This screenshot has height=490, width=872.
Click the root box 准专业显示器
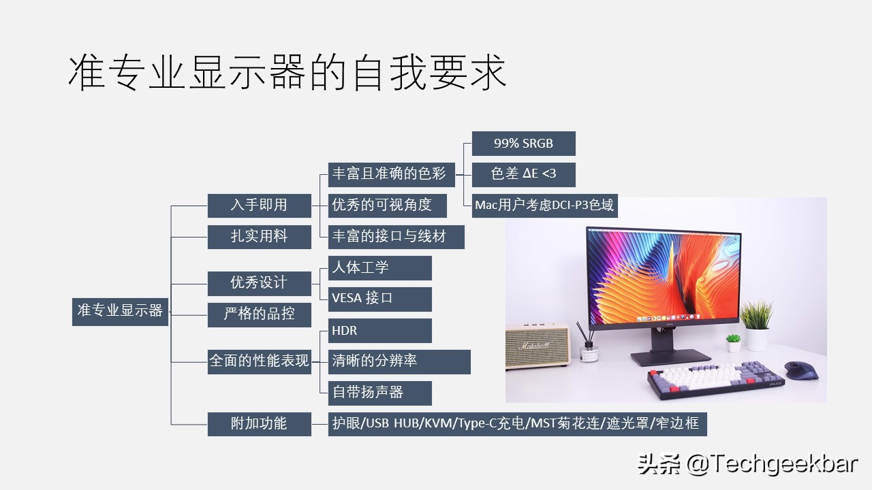tap(120, 311)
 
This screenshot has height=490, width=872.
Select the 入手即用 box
tap(259, 205)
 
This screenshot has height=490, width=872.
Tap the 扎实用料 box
tap(259, 236)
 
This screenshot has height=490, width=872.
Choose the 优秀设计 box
tap(259, 282)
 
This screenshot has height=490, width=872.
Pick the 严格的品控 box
tap(259, 314)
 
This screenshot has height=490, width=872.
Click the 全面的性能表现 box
tap(259, 361)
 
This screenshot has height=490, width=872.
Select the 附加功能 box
tap(259, 423)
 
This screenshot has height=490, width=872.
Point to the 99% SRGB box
tap(523, 144)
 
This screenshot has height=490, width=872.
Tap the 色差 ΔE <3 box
tap(523, 174)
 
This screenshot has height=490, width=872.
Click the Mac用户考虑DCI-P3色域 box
tap(544, 205)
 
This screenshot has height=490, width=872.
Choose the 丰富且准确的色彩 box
tap(389, 174)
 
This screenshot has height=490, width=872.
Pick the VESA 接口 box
tap(379, 299)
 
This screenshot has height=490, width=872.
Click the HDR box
tap(379, 331)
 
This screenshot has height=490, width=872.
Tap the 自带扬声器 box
tap(379, 393)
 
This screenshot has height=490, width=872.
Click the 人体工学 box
tap(379, 267)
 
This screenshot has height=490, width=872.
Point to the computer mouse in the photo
tap(801, 370)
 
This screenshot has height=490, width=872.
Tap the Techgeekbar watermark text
tap(747, 465)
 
